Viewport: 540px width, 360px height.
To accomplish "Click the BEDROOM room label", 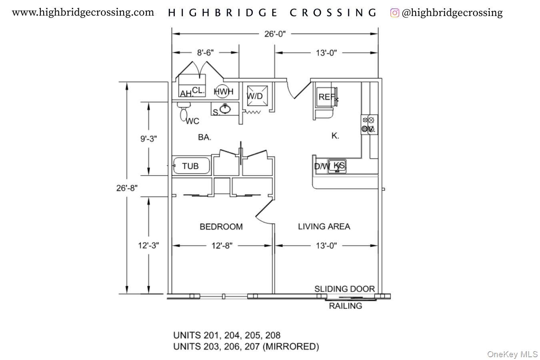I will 221,227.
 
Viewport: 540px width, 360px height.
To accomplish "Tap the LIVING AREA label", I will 324,226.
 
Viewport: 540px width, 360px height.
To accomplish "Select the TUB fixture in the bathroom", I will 191,166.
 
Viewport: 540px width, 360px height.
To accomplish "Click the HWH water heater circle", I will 223,92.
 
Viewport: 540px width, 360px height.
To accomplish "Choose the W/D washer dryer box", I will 255,96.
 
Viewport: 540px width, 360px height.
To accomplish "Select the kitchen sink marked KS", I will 338,166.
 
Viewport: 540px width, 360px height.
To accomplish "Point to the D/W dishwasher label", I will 322,166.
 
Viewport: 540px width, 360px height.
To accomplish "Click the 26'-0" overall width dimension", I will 275,34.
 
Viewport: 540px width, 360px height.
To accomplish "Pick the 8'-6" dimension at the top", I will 205,52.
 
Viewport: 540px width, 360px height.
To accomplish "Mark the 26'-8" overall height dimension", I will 127,188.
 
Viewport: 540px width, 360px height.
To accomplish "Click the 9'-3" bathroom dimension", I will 148,139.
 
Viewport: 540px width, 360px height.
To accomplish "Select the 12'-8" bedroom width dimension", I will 222,246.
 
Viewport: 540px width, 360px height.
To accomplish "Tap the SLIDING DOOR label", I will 344,289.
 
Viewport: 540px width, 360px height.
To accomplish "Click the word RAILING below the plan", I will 345,306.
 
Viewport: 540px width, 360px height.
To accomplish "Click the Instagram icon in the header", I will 394,13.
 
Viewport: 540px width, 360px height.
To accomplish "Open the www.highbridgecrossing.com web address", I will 83,12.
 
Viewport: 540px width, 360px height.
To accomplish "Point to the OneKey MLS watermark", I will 512,354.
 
